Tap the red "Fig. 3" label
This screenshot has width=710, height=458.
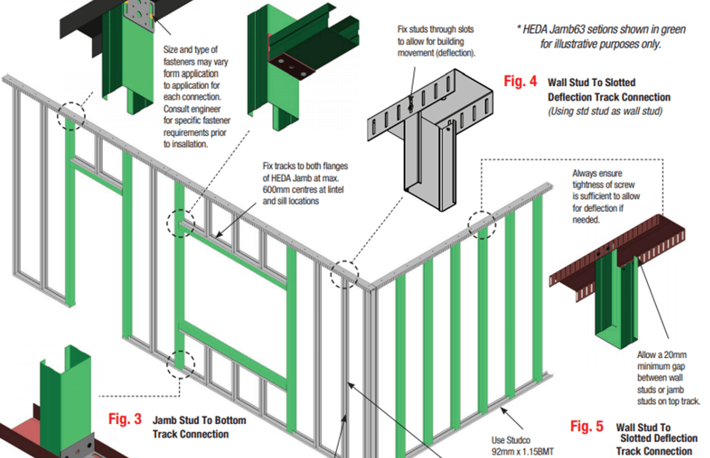(125, 419)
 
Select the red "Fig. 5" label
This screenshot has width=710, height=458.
(586, 426)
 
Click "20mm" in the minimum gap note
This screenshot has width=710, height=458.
(675, 355)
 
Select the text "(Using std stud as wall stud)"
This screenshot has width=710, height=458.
(605, 111)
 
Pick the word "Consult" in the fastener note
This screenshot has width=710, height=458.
(177, 109)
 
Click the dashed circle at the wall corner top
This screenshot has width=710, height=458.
(345, 274)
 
